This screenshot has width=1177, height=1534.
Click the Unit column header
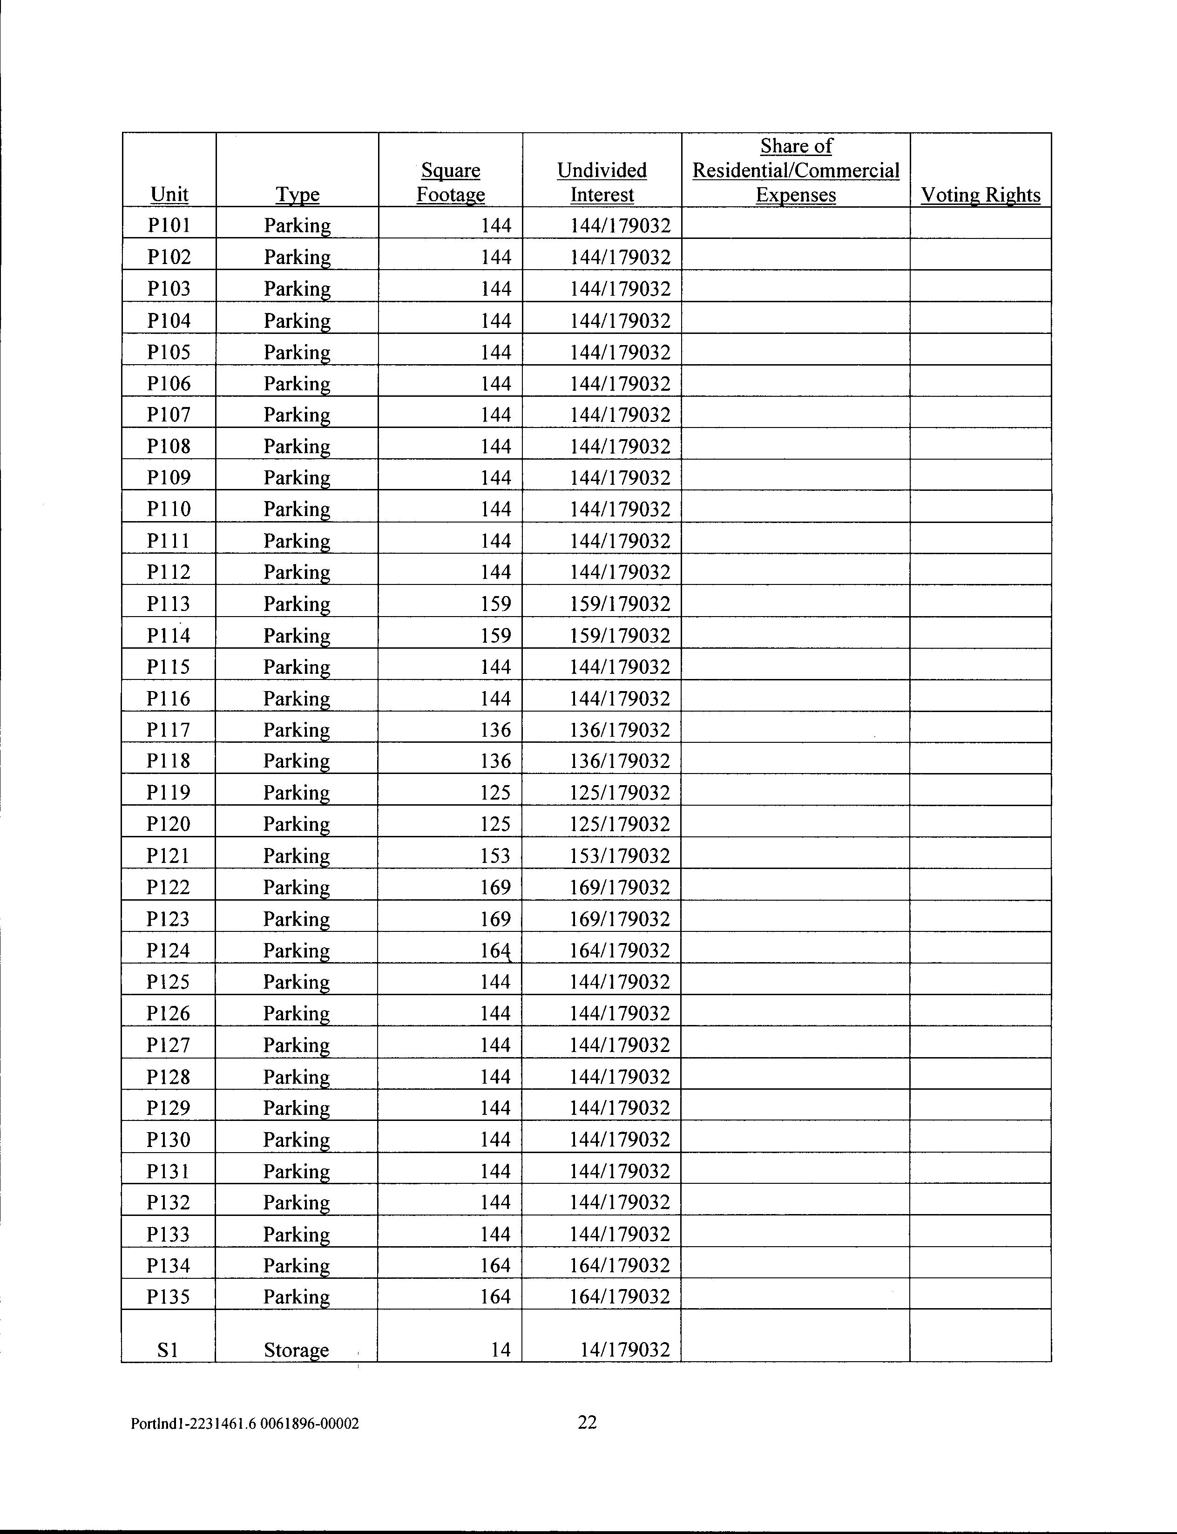coord(169,194)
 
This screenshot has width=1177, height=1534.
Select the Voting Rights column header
coord(980,194)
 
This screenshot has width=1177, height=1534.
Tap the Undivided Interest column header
coord(602,182)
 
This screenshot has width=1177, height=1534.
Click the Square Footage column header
coord(451,182)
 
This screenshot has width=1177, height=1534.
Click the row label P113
coord(169,604)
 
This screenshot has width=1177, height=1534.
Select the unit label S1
coord(168,1349)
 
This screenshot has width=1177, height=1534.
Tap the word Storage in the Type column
coord(297,1350)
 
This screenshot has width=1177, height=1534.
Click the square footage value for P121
coord(495,855)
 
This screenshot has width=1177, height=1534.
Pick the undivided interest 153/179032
coord(620,855)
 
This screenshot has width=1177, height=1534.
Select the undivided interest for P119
coord(620,793)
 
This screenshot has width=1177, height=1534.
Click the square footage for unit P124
coord(495,950)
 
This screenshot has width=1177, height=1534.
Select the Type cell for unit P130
coord(297,1140)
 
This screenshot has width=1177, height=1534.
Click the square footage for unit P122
coord(495,887)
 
